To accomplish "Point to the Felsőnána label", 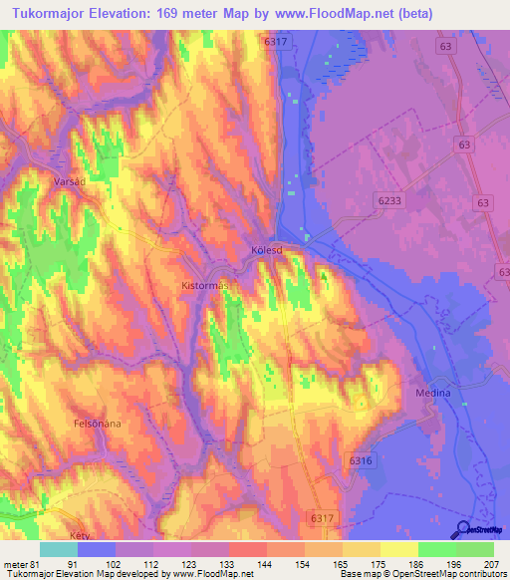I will pyautogui.click(x=98, y=423).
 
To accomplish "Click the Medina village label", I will pyautogui.click(x=433, y=393).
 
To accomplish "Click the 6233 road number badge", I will pyautogui.click(x=391, y=201).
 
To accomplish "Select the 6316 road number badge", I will pyautogui.click(x=361, y=459).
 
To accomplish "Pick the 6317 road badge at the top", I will pyautogui.click(x=276, y=42).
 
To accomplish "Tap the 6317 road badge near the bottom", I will pyautogui.click(x=321, y=518).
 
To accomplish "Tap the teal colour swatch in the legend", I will pyautogui.click(x=59, y=549).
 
